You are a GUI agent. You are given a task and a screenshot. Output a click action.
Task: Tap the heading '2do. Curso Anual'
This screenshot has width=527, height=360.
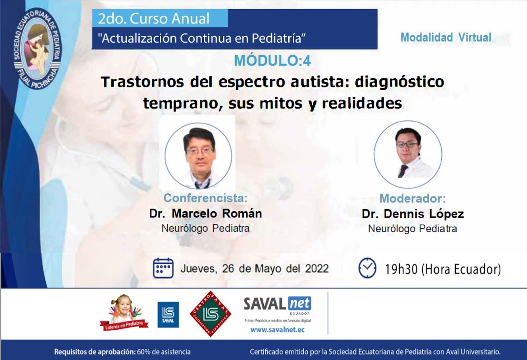tap(154, 19)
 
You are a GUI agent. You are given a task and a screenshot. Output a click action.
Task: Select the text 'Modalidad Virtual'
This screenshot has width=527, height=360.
tap(446, 37)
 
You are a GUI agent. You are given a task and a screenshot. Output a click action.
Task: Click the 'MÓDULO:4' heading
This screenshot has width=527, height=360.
tap(273, 61)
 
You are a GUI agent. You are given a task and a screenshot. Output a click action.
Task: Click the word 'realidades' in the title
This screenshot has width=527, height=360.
tap(362, 103)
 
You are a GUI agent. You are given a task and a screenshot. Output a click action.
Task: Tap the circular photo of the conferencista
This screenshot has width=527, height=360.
tap(198, 156)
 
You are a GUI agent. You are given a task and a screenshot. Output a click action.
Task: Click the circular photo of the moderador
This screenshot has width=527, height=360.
tap(408, 154)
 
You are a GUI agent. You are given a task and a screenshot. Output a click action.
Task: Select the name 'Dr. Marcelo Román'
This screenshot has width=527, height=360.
tap(205, 214)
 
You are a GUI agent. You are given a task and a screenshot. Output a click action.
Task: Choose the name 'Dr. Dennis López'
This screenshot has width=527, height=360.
tap(413, 214)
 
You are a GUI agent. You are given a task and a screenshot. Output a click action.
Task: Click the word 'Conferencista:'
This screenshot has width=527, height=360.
tap(205, 198)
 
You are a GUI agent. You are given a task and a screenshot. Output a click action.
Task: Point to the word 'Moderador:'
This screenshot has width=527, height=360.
tap(413, 199)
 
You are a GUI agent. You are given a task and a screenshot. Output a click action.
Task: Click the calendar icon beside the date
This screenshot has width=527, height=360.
tap(163, 268)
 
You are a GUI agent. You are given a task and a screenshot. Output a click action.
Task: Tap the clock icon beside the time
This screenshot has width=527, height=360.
tap(367, 268)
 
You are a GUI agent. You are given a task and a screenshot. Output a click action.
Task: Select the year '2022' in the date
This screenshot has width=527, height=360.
tap(317, 269)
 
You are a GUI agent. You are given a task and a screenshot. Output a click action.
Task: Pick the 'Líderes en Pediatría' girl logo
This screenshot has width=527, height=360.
tap(124, 312)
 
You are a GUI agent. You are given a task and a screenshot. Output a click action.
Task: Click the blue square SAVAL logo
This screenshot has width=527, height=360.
tap(168, 315)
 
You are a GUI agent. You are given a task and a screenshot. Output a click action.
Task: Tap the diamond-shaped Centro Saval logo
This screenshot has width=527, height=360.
tap(210, 314)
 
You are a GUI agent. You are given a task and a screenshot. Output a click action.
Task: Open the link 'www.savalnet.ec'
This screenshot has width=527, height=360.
tap(277, 330)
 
